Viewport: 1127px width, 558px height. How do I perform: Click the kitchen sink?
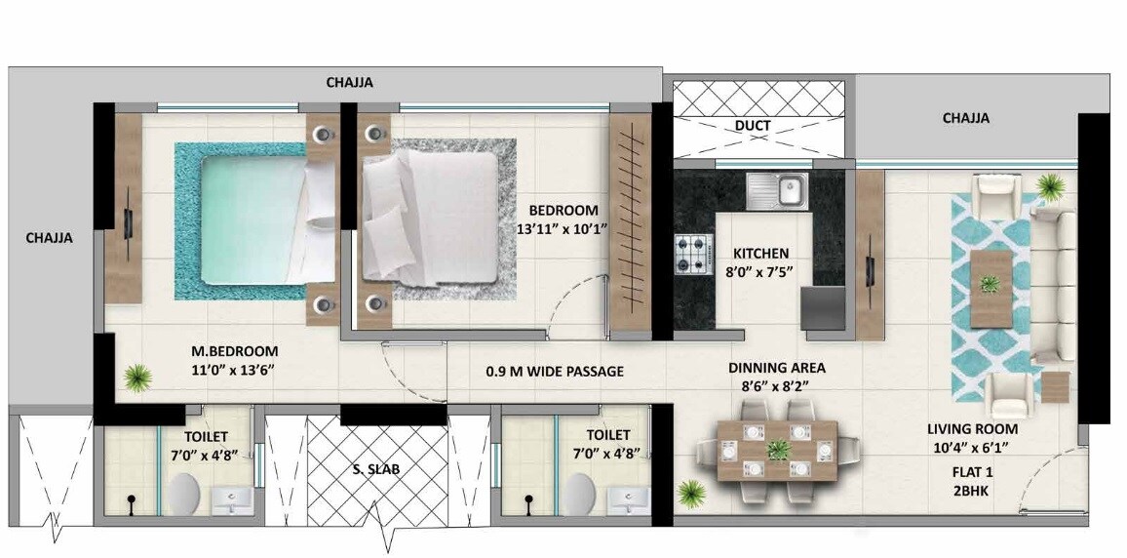click(x=777, y=189)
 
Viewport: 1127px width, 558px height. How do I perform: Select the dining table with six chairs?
click(x=777, y=450)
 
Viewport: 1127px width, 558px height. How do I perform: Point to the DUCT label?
click(x=753, y=125)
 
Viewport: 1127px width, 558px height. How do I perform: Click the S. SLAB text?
click(x=376, y=468)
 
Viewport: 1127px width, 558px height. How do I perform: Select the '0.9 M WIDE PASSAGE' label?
click(x=555, y=372)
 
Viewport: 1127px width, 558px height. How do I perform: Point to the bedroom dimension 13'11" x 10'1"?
click(x=563, y=229)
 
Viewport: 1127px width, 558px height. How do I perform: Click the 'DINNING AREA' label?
click(x=777, y=368)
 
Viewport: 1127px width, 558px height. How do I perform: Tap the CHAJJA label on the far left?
click(x=49, y=237)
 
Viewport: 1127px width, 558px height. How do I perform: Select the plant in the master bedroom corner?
click(x=138, y=376)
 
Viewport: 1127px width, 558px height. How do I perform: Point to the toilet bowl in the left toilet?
click(x=183, y=494)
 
